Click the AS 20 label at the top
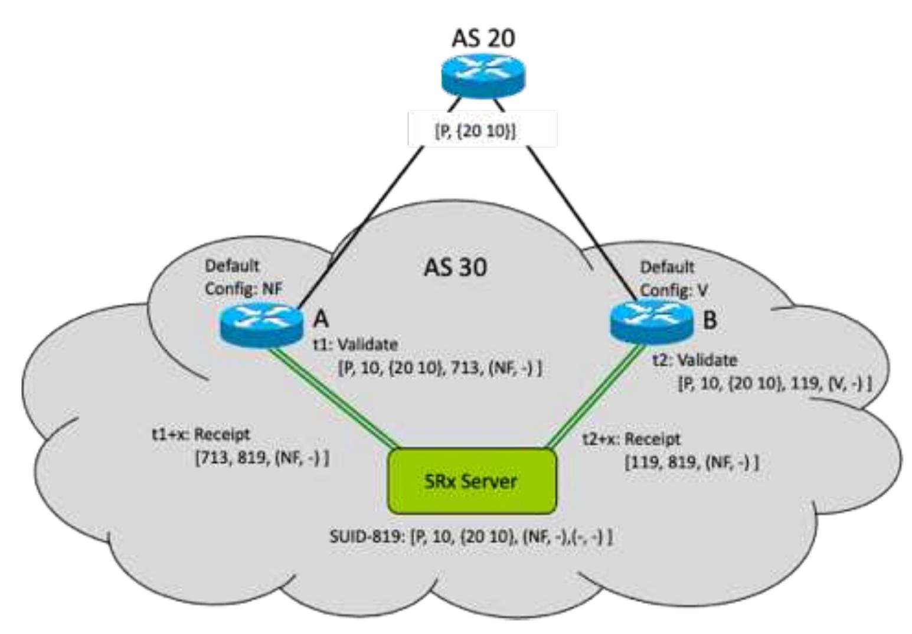coord(483,38)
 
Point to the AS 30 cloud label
coord(456,267)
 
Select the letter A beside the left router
coord(321,319)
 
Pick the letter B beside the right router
coord(710,320)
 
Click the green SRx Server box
coord(472,481)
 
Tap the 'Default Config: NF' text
coord(243,277)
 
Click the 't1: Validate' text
coord(356,344)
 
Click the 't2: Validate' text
coord(694,360)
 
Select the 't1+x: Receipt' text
coord(201,434)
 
